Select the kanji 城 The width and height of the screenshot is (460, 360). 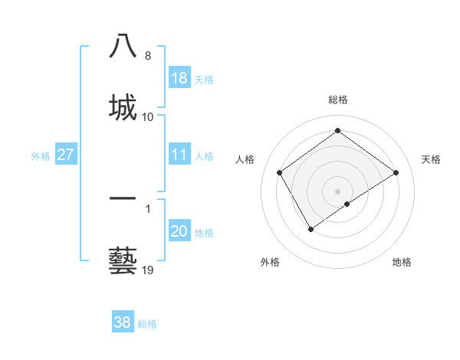123,106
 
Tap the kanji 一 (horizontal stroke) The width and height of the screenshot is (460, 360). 123,198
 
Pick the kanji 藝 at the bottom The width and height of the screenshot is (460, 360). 123,260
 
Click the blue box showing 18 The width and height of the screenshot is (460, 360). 179,78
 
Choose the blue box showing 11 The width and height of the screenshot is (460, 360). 179,155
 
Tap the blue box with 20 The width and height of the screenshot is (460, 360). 179,231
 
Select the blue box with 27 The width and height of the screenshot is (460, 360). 66,155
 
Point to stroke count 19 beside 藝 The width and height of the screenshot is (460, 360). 149,270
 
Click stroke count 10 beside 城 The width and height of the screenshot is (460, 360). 148,117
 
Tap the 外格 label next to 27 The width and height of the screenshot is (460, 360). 41,155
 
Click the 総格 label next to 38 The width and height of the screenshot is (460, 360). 147,324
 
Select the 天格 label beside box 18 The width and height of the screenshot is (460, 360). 204,80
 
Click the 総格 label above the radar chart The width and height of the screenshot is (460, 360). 338,100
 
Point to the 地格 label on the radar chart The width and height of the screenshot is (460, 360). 402,262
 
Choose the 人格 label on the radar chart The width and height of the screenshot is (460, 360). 245,159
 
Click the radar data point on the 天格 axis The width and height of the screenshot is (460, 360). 396,173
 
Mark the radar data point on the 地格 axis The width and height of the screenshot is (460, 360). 347,204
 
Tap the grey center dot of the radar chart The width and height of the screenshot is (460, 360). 337,191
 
